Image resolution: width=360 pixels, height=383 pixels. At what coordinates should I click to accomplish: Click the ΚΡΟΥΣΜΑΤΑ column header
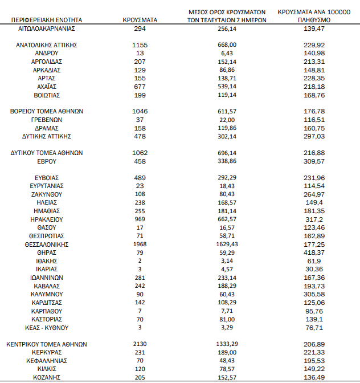[x=140, y=19]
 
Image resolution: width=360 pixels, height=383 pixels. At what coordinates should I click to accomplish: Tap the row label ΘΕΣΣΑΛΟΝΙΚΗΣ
[x=47, y=244]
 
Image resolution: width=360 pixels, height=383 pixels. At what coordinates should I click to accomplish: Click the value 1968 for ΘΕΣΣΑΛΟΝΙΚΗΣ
[x=140, y=244]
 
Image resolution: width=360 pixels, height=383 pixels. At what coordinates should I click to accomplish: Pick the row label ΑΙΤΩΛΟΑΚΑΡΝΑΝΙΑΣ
[x=47, y=28]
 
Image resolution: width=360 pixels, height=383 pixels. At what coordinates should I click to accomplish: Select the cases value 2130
[x=140, y=344]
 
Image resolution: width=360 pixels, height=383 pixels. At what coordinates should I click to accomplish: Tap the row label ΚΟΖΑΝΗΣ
[x=47, y=377]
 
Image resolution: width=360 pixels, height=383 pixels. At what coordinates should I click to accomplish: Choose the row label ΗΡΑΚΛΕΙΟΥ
[x=47, y=219]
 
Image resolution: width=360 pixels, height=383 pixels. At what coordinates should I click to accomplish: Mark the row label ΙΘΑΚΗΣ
[x=47, y=260]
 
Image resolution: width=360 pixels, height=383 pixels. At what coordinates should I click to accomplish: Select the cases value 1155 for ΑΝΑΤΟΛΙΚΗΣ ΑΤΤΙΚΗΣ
[x=140, y=44]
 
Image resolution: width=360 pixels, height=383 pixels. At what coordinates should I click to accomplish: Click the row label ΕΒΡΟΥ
[x=47, y=161]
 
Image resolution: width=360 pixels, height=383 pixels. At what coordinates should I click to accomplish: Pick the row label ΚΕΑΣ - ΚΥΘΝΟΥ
[x=47, y=328]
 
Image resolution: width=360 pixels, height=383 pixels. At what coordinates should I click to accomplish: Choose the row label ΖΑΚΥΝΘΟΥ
[x=47, y=194]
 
